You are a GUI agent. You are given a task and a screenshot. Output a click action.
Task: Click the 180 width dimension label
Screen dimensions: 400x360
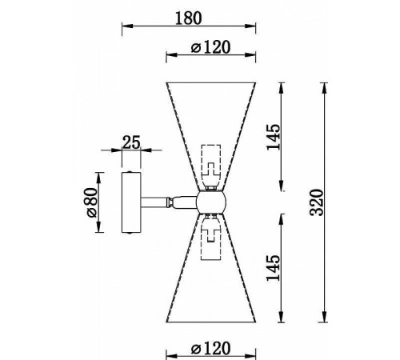click(x=189, y=18)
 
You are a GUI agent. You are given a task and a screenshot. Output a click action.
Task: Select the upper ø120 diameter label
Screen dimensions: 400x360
click(x=210, y=47)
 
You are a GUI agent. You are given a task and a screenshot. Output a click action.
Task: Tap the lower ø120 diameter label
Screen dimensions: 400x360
click(x=210, y=349)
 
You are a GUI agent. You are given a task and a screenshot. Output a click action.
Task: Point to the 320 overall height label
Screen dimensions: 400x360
click(x=318, y=202)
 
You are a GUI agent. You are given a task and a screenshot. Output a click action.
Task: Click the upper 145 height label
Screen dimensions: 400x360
click(x=274, y=137)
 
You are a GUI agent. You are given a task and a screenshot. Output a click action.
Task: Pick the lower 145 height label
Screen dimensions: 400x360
click(x=274, y=268)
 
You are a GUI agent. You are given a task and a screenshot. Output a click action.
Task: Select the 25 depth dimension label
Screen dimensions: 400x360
click(x=131, y=142)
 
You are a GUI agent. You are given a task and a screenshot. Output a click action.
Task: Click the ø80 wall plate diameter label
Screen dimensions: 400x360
click(x=91, y=202)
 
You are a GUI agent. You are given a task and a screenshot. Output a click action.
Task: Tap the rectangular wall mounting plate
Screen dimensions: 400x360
click(x=131, y=202)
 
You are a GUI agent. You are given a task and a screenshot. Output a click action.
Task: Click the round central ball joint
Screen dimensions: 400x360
click(x=211, y=202)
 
